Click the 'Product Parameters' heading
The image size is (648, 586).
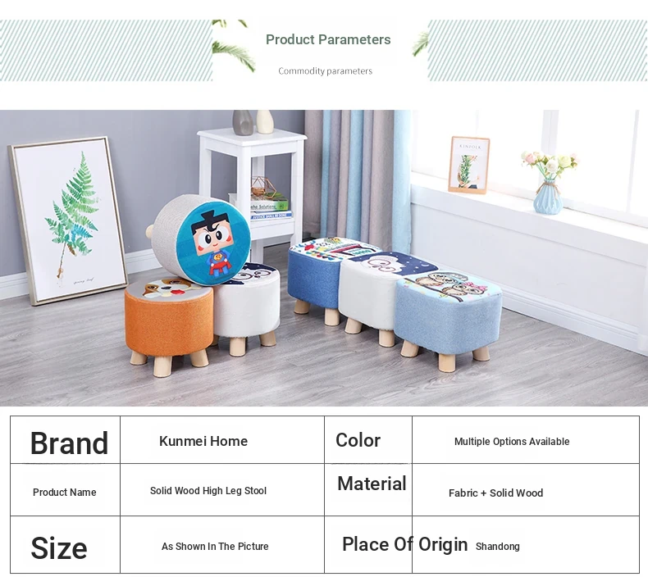point(328,39)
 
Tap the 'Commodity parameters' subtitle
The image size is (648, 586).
point(326,71)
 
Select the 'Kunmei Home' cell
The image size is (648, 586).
point(203,441)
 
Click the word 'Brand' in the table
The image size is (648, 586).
point(69,443)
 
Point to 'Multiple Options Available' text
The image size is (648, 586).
point(512,442)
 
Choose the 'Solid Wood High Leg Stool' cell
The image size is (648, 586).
point(208,491)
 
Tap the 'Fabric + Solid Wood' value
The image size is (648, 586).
point(496,493)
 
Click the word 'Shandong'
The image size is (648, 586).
point(498,547)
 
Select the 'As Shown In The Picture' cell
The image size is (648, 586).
point(215,547)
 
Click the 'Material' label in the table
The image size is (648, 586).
point(372,484)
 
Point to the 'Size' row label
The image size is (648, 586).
point(59,548)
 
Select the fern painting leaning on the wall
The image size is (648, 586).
point(68,220)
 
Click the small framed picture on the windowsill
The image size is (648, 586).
point(468,166)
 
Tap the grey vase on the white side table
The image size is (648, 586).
point(243,122)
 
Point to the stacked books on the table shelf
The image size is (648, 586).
point(270,209)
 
